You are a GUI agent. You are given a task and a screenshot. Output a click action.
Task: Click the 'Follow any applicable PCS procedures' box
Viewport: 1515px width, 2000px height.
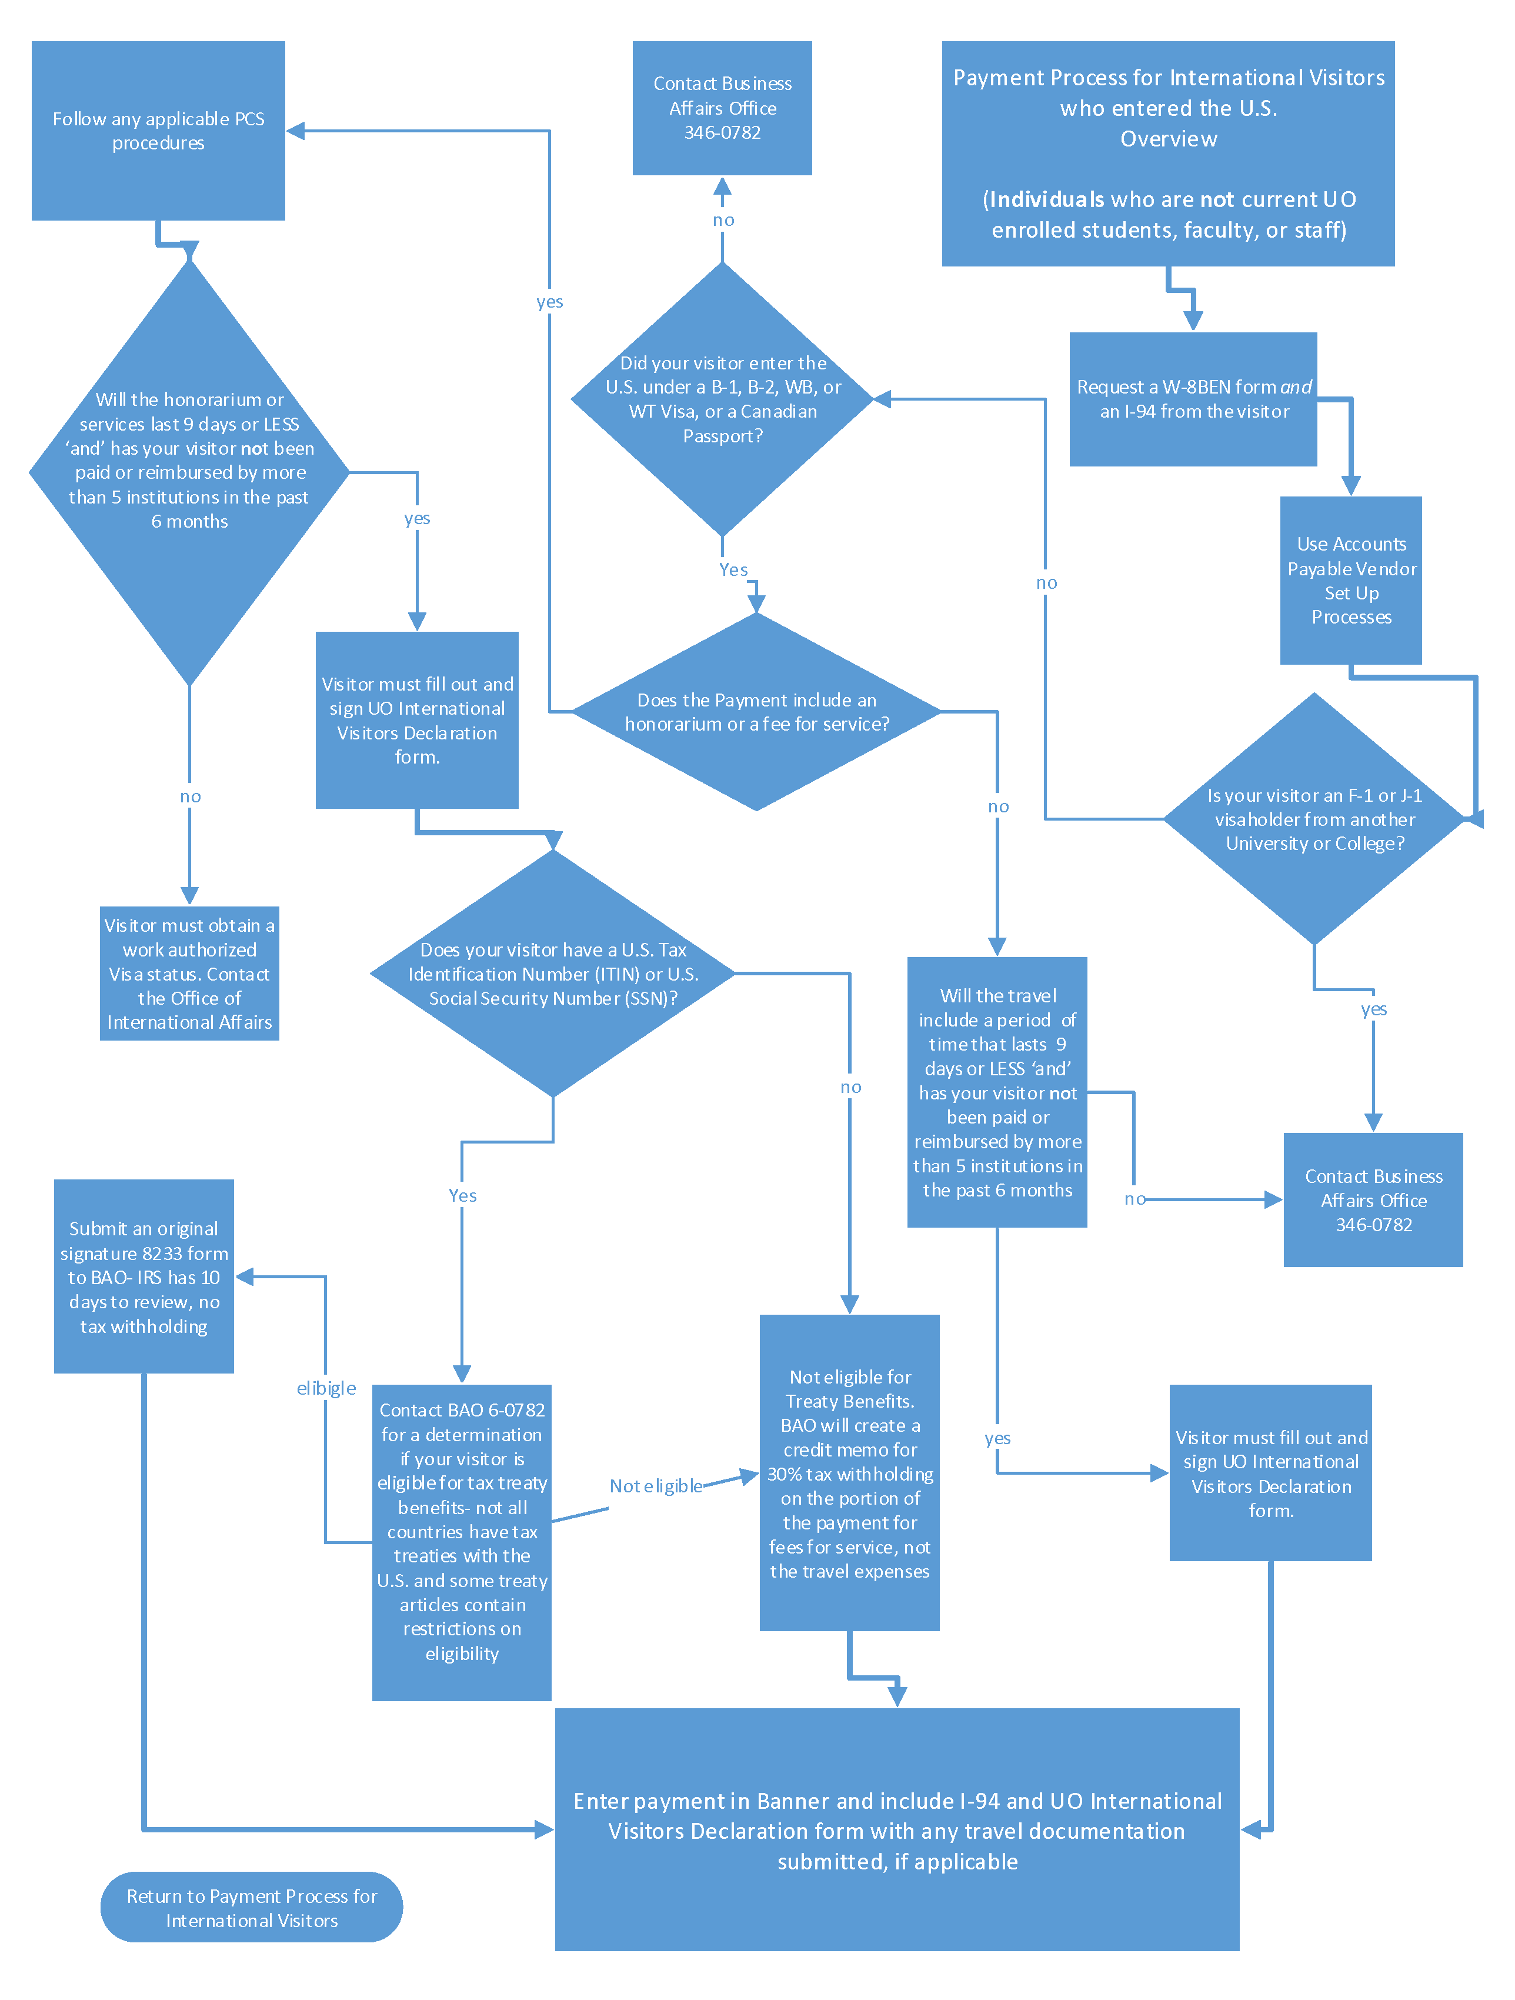coord(158,130)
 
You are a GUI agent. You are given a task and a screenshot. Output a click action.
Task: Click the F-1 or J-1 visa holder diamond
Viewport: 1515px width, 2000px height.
coord(1314,818)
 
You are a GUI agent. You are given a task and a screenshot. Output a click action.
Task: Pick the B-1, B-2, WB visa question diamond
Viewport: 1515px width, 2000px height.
coord(722,399)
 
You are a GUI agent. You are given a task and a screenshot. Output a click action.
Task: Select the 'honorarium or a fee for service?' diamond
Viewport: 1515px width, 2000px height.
coord(756,712)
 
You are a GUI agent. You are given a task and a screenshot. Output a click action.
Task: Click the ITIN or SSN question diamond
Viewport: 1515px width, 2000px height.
coord(552,974)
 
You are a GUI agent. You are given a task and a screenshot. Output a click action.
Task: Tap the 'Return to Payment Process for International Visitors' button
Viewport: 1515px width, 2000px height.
coord(251,1907)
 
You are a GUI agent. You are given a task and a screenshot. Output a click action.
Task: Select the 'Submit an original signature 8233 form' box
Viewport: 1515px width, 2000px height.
coord(144,1276)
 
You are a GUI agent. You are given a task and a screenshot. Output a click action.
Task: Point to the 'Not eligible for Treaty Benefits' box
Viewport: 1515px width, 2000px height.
coord(850,1473)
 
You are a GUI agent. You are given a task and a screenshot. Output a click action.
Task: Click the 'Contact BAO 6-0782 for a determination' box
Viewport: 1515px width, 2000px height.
coord(462,1542)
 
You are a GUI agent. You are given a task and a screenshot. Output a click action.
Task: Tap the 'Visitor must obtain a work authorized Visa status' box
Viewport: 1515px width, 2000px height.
coord(189,974)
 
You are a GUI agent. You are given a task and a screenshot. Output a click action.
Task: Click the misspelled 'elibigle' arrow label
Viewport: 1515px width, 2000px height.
coord(326,1388)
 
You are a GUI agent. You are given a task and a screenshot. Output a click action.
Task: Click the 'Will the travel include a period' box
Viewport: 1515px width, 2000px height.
coord(997,1092)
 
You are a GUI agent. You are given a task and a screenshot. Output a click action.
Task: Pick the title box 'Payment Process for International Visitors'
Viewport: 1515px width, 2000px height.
coord(1168,154)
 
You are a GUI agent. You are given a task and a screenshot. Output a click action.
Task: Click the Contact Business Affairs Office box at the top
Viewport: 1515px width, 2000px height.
coord(722,108)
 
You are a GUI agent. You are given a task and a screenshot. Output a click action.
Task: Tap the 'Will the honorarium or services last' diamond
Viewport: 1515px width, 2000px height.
coord(189,472)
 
